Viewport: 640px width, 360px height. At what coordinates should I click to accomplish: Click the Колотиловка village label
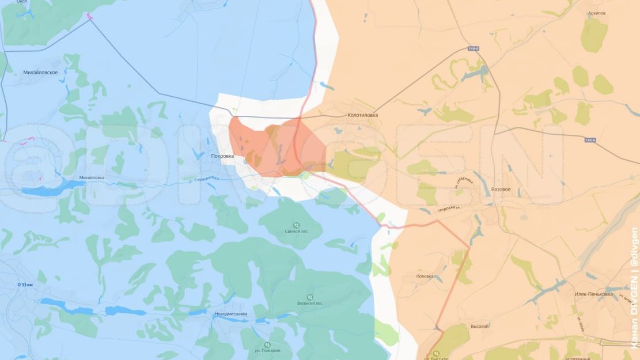pyautogui.click(x=363, y=115)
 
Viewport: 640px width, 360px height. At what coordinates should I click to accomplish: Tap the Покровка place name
pyautogui.click(x=222, y=156)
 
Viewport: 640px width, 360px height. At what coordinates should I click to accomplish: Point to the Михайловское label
pyautogui.click(x=40, y=73)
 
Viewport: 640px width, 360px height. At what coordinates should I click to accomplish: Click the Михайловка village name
pyautogui.click(x=92, y=177)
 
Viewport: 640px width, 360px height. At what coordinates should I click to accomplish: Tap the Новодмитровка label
pyautogui.click(x=230, y=313)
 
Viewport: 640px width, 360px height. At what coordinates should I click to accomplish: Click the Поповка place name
pyautogui.click(x=425, y=276)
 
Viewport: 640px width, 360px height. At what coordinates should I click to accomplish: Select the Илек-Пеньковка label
pyautogui.click(x=593, y=294)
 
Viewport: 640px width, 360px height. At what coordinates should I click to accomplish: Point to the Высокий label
pyautogui.click(x=464, y=326)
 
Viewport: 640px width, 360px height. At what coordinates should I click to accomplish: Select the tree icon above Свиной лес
pyautogui.click(x=296, y=224)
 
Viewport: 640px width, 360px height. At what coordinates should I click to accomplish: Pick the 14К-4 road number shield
pyautogui.click(x=474, y=49)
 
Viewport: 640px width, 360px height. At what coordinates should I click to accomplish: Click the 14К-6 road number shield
pyautogui.click(x=589, y=140)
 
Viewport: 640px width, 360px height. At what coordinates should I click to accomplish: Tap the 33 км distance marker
pyautogui.click(x=27, y=285)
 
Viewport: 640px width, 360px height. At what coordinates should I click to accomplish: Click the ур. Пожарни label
pyautogui.click(x=268, y=350)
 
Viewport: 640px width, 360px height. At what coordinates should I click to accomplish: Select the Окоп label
pyautogui.click(x=22, y=2)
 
